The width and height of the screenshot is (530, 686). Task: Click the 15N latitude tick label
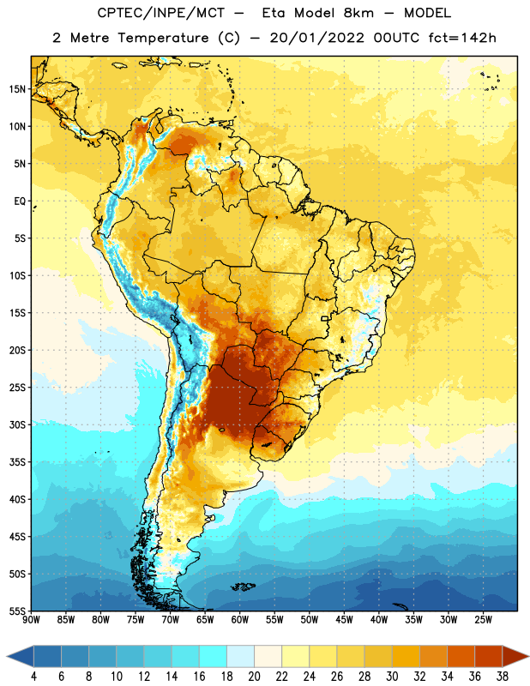click(17, 89)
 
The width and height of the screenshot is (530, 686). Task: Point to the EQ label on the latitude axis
click(20, 202)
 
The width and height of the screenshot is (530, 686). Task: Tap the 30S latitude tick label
click(17, 424)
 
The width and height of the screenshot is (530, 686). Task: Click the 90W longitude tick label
click(31, 619)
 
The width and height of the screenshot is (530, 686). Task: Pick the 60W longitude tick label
click(240, 619)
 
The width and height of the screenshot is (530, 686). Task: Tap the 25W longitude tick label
click(483, 619)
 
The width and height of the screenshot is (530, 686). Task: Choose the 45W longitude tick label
click(344, 619)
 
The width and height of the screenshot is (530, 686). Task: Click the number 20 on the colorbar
click(254, 677)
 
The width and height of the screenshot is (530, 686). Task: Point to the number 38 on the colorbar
click(503, 677)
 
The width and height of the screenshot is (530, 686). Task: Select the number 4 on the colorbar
click(33, 677)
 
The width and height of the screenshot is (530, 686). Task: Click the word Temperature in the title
click(164, 38)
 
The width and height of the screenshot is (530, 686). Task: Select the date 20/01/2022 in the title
click(316, 38)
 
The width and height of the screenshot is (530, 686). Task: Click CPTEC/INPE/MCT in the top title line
click(160, 13)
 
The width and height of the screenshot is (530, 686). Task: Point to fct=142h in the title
click(462, 38)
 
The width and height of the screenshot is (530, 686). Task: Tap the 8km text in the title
click(358, 13)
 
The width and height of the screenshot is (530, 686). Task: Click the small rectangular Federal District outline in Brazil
click(325, 318)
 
